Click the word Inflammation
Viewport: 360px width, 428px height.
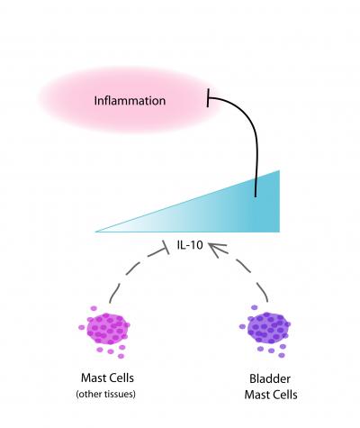point(130,100)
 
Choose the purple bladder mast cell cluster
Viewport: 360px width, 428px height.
point(267,326)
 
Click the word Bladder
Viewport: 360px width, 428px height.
point(267,379)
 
